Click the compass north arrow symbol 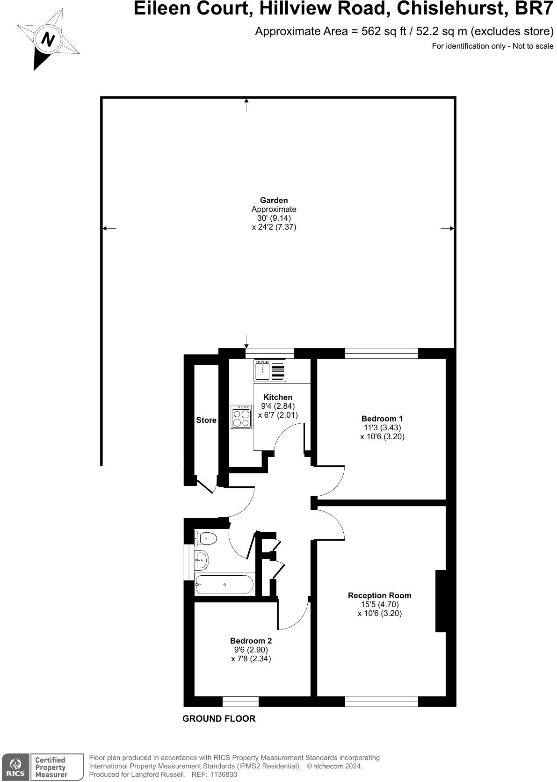coord(48,40)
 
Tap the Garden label coord(274,201)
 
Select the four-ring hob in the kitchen coord(241,417)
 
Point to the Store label coord(206,420)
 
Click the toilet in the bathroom coord(205,538)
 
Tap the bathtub coord(224,585)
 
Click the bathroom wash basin coord(202,560)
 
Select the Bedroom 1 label coord(382,419)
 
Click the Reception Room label coord(379,595)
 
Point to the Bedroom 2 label coord(251,641)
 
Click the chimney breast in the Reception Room coord(441,601)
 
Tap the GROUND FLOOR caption coord(219,719)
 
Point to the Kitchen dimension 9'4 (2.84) coord(278,406)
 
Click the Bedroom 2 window coord(240,702)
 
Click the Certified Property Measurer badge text coord(51,768)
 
